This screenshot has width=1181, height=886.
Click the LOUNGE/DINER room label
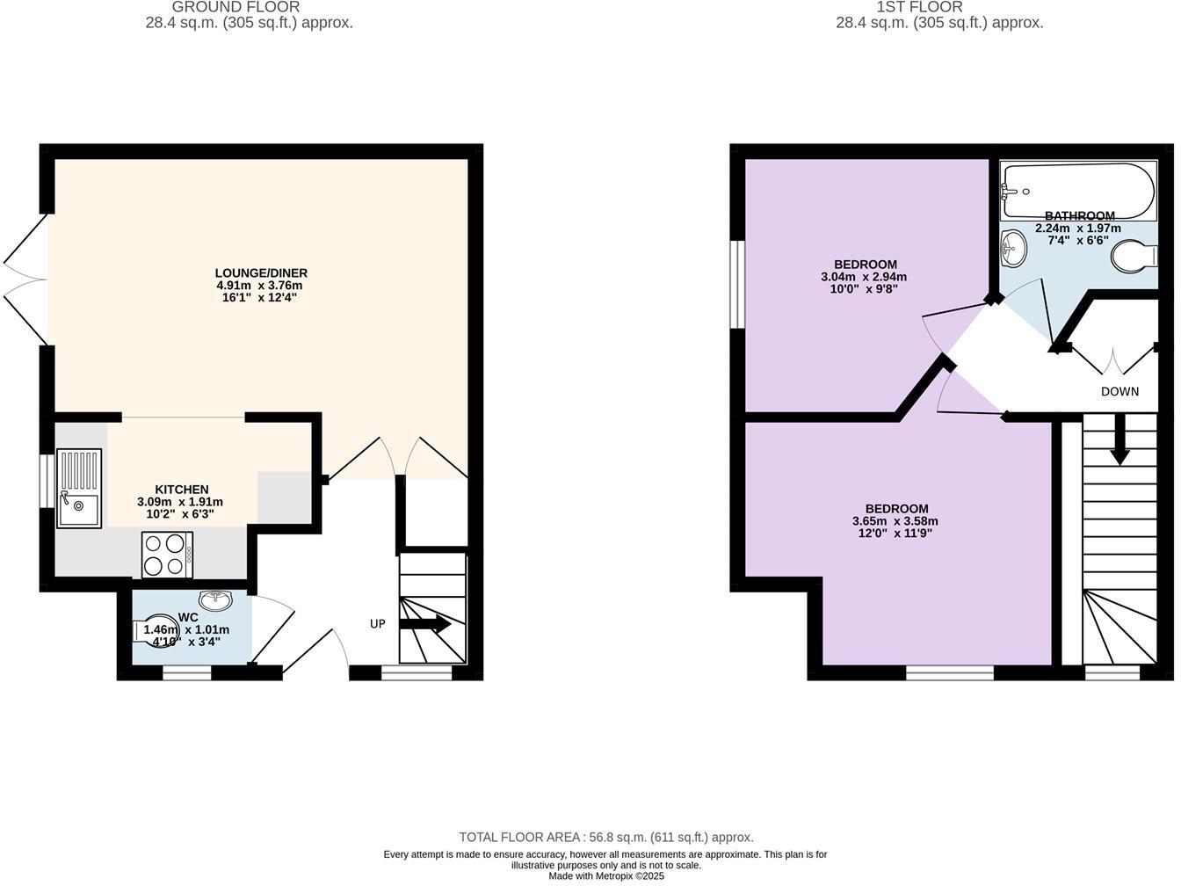[261, 273]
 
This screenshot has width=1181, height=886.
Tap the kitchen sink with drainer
[79, 488]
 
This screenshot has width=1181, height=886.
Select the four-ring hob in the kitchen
[167, 555]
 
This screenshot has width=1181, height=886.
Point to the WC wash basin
[215, 600]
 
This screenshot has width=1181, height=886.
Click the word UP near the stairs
[378, 624]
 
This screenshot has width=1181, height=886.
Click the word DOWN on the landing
[1119, 391]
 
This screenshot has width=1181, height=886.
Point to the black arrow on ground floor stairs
[426, 625]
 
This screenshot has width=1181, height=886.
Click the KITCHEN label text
[182, 490]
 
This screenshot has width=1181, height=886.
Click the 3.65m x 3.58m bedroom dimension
[895, 521]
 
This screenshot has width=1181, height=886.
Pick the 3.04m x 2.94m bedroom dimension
[864, 277]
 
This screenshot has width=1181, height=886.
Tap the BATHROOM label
[1079, 215]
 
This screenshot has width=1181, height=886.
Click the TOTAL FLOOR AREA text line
[606, 838]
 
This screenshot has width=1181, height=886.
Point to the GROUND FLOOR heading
[249, 7]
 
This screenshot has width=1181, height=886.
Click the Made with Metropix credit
[606, 876]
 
